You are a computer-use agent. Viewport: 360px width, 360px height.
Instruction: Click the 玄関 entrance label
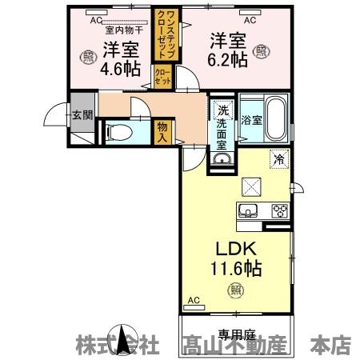pos(82,114)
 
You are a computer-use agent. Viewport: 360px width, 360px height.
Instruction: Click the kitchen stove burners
pos(280,211)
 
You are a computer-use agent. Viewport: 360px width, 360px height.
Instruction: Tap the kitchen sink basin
pos(246,211)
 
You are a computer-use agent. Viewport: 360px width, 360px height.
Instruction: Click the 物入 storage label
pos(162,130)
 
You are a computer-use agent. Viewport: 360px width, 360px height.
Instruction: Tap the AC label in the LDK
pos(192,301)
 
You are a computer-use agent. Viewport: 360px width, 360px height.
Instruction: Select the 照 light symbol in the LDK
pos(235,289)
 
